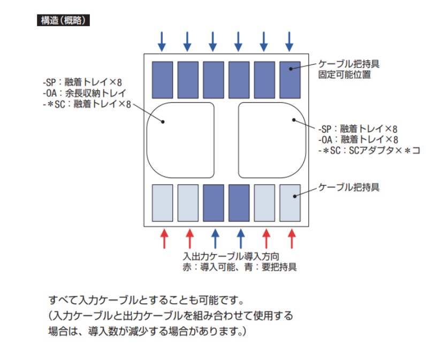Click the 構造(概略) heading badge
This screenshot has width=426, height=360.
pos(63,20)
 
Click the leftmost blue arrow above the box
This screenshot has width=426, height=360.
pos(162,42)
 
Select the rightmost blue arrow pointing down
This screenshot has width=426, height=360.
pos(289,42)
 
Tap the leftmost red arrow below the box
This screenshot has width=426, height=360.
pos(164,239)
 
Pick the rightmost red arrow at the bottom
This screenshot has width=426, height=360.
pos(292,239)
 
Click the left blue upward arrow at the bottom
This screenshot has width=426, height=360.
pos(215,239)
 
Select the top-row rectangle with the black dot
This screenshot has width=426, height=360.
pos(290,80)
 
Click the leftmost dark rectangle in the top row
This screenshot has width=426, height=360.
pos(163,80)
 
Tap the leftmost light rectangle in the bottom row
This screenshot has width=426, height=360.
pos(163,203)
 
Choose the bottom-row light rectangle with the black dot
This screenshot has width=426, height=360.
pos(290,203)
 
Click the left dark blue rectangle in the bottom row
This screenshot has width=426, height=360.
pos(214,203)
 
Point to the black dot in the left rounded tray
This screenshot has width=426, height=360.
pos(163,121)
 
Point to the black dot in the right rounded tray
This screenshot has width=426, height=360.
pos(294,120)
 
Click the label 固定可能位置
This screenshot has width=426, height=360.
pos(345,74)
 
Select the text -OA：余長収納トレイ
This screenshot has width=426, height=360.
pos(85,93)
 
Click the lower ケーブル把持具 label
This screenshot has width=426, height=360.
pos(349,187)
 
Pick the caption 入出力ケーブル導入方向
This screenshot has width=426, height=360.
pos(231,256)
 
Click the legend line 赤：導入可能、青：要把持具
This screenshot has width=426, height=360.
pos(240,267)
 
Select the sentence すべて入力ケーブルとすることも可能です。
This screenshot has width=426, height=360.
pos(147,300)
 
